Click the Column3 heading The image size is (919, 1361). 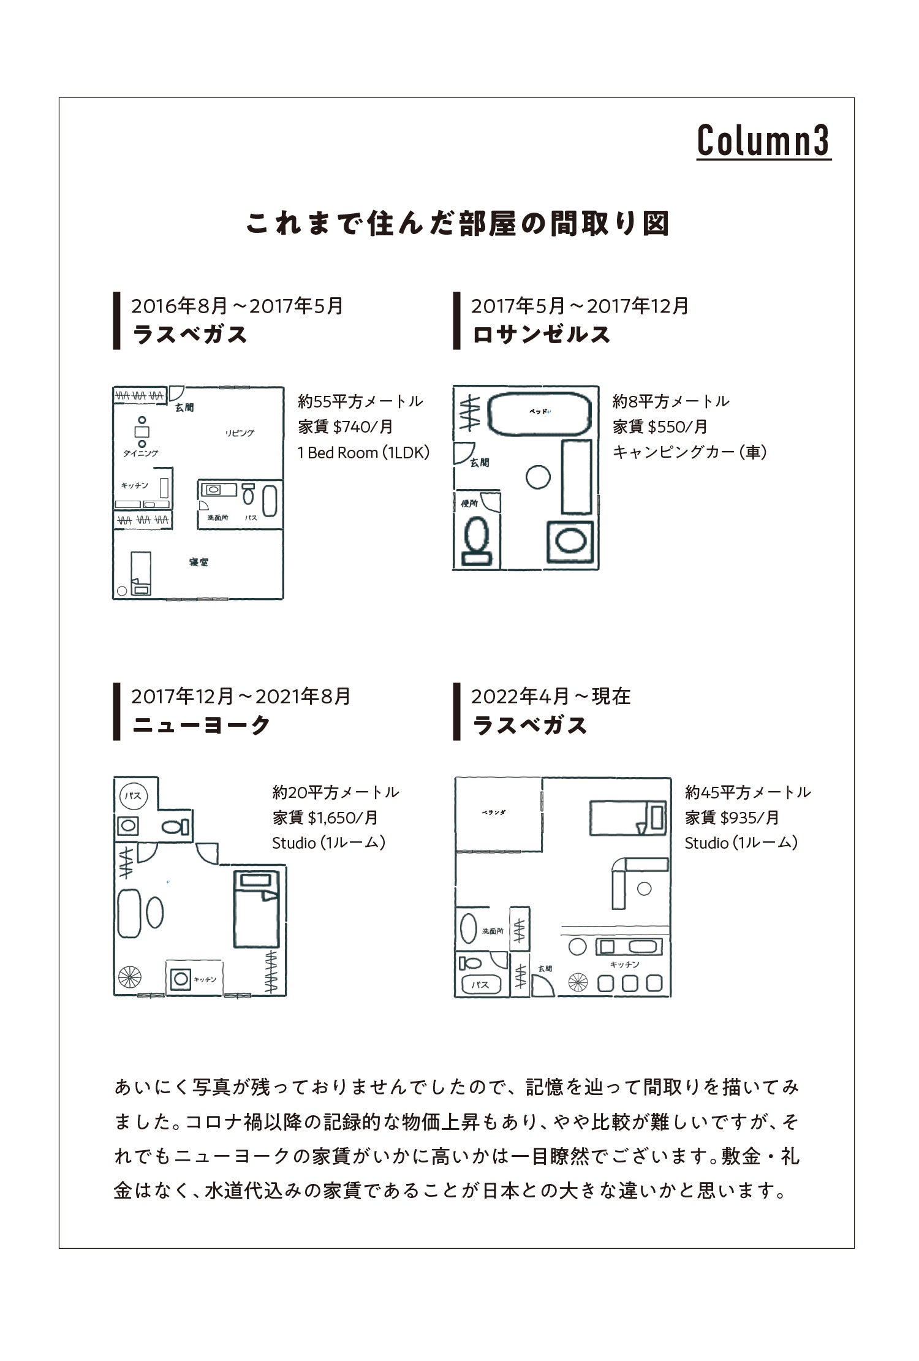(x=763, y=141)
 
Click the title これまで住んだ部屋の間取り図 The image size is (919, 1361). (x=458, y=224)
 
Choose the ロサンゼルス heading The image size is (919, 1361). (x=542, y=335)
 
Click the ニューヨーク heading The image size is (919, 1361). (x=201, y=725)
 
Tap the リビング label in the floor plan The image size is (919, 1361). (x=240, y=433)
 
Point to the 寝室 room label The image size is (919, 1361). (x=199, y=562)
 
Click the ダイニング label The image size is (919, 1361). (x=140, y=453)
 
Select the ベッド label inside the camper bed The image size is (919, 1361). (x=539, y=411)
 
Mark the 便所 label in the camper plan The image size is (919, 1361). (x=469, y=504)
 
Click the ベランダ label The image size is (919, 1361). (x=493, y=813)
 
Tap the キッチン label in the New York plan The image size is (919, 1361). (x=205, y=979)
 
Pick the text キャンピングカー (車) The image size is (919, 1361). (x=689, y=452)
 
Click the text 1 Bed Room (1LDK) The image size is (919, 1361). (x=363, y=453)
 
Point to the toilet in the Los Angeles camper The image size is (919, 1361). (x=477, y=539)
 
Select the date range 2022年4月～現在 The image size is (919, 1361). (x=550, y=696)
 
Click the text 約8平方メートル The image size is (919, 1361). (x=671, y=402)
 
